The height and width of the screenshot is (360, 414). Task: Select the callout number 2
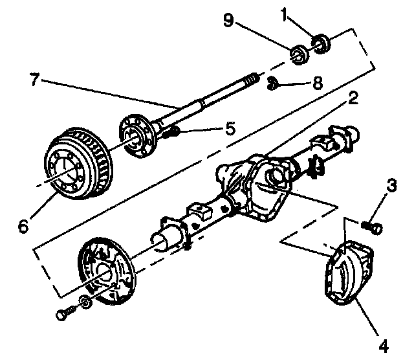point(353,99)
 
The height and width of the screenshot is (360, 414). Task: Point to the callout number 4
point(384,346)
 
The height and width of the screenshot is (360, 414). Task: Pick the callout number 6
point(24,226)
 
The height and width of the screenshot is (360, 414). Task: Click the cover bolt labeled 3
point(373,227)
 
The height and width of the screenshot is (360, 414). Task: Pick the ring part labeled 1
point(321,44)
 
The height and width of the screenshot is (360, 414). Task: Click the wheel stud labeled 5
point(171,134)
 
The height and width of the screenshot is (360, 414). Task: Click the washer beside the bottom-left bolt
point(85,302)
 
